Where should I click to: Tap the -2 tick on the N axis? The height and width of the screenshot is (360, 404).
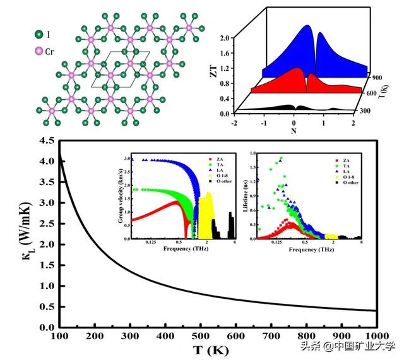(234, 123)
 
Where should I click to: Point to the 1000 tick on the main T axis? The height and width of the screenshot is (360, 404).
(375, 335)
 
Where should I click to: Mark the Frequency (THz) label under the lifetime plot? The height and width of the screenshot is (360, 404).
(310, 249)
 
